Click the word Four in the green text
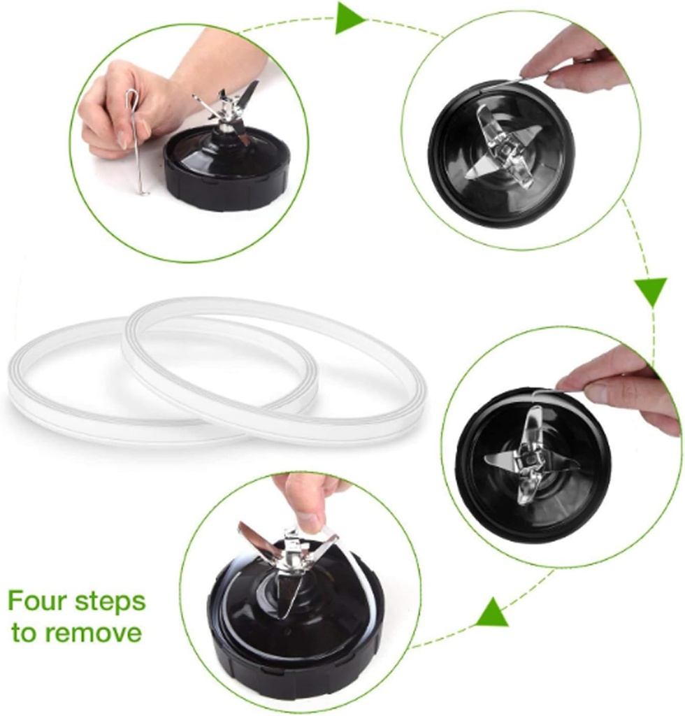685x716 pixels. point(39,601)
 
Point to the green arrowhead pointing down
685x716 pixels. point(651,291)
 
